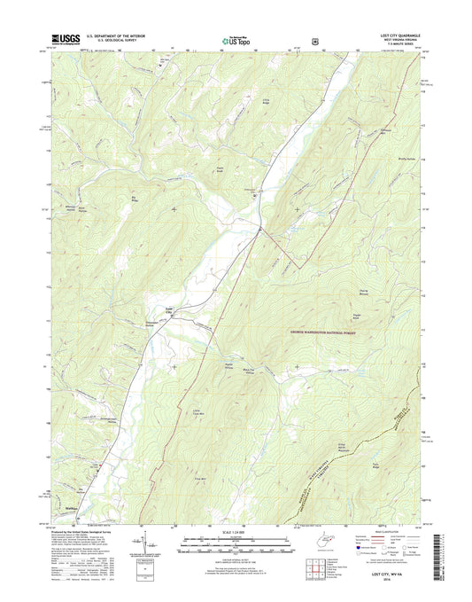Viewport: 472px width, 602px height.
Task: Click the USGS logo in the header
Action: [x=66, y=38]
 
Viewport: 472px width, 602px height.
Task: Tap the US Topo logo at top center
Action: [x=236, y=39]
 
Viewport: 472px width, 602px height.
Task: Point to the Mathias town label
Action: [x=76, y=508]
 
